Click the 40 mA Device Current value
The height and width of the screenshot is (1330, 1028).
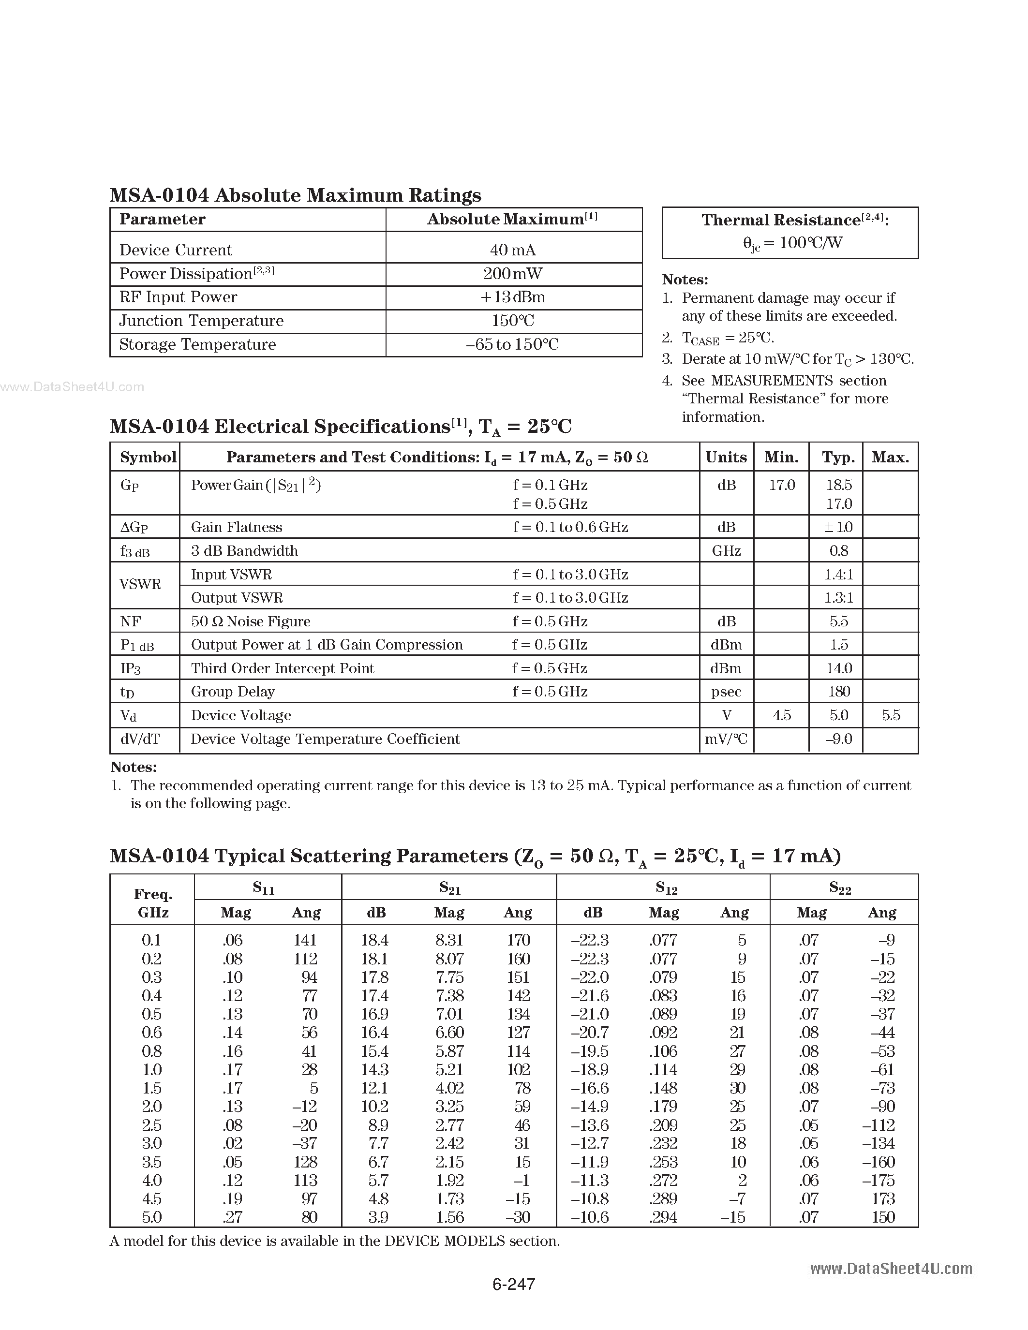coord(513,250)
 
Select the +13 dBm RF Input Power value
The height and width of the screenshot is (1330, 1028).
coord(513,297)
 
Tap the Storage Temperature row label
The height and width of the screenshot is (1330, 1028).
coord(197,345)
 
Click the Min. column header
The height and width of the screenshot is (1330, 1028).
coord(781,458)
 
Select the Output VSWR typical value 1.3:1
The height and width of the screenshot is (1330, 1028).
coord(838,598)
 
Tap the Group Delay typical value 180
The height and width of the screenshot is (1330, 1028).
coord(838,692)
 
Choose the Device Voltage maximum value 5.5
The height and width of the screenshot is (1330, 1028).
coord(890,716)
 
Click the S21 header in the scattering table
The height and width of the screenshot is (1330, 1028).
coord(449,888)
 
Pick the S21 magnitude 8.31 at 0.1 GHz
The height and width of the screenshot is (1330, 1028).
coord(449,940)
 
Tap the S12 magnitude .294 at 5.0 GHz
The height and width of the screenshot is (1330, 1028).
coord(663,1217)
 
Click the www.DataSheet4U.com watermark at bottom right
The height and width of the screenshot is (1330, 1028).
coord(891,1269)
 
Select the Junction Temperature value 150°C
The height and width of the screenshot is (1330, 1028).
coord(513,321)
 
